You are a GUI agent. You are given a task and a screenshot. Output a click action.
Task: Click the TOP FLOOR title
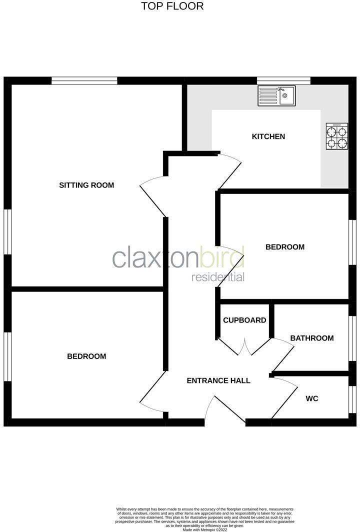(x=172, y=6)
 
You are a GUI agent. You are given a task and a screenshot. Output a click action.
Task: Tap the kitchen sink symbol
(x=276, y=96)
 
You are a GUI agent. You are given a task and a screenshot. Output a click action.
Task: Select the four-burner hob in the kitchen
(x=336, y=136)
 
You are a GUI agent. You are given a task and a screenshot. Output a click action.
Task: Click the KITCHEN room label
(x=268, y=136)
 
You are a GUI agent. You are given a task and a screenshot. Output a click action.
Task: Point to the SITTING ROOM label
(x=86, y=185)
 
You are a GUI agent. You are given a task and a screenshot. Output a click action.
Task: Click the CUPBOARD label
(x=244, y=320)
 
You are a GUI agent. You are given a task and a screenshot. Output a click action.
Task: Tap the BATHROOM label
(x=312, y=338)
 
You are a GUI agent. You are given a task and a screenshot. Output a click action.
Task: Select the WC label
(x=312, y=398)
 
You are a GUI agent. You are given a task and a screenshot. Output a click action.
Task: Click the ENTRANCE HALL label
(x=218, y=380)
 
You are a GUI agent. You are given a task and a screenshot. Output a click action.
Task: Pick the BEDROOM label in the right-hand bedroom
(x=285, y=247)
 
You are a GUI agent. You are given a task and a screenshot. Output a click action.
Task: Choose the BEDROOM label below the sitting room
(x=86, y=356)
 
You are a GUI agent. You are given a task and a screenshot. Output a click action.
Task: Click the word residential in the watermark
(x=218, y=277)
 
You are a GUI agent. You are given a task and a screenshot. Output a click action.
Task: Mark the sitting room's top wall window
(x=84, y=80)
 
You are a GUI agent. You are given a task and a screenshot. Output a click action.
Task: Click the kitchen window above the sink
(x=283, y=80)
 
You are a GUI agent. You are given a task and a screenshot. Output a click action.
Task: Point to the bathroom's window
(x=352, y=338)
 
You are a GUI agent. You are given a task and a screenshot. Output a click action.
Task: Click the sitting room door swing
(x=152, y=196)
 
